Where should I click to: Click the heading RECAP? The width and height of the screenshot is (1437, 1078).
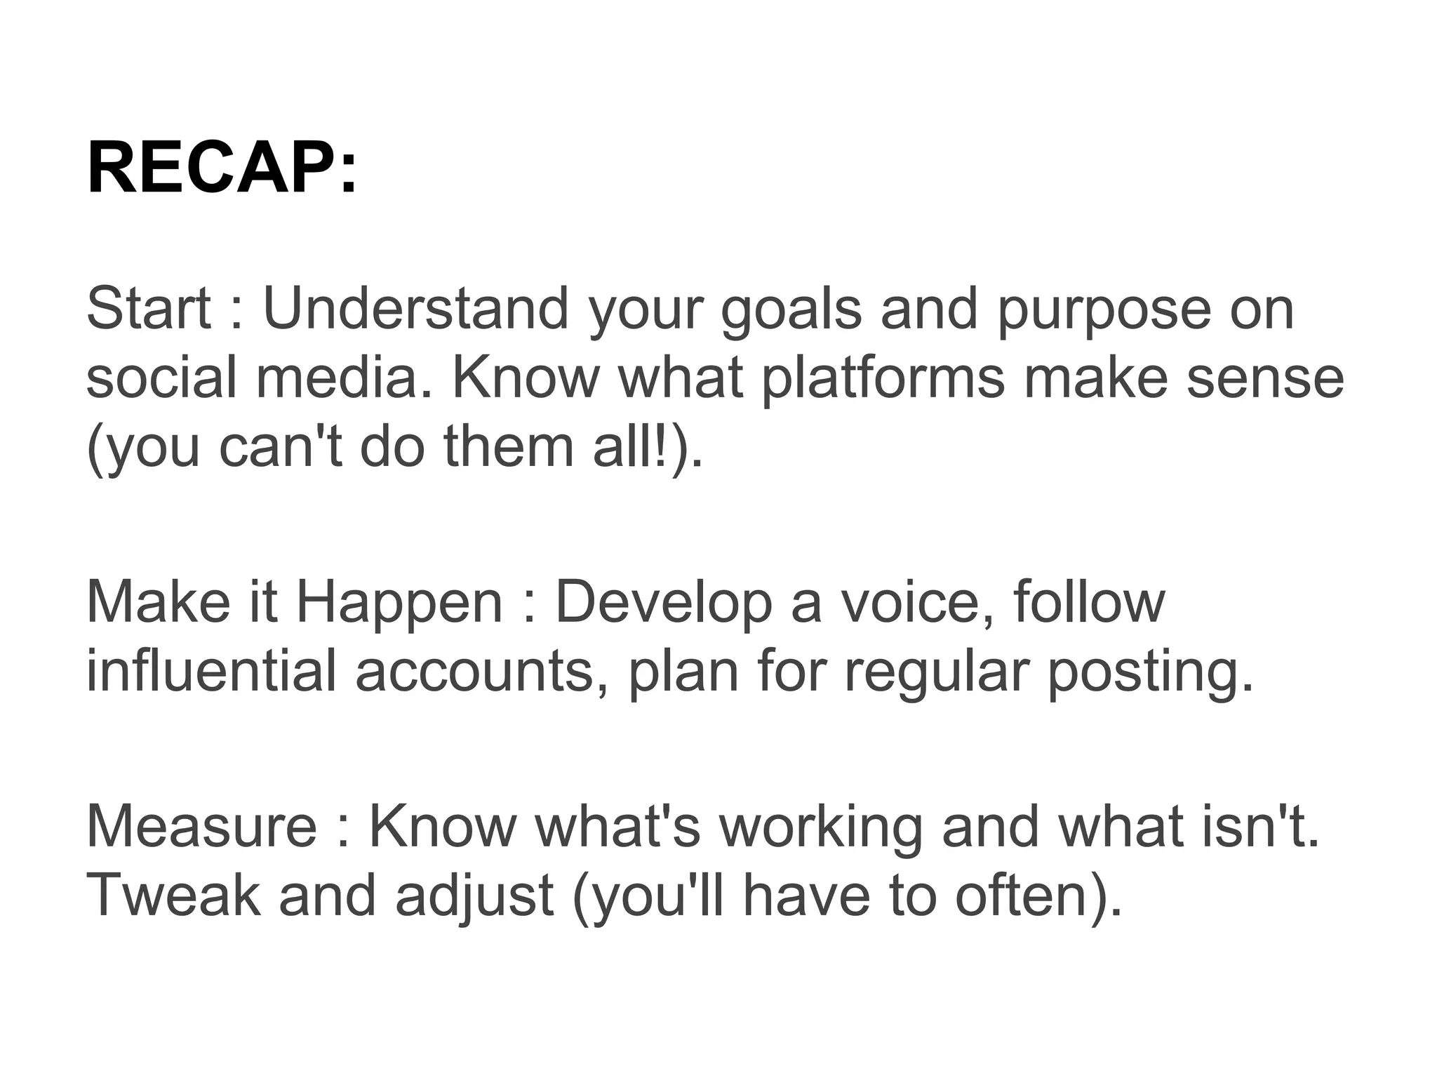[222, 169]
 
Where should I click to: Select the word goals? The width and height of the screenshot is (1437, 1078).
[791, 310]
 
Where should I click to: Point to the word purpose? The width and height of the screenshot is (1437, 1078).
[1104, 310]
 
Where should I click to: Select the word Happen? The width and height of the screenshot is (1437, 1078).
[399, 603]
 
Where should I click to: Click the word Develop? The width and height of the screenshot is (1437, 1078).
[663, 603]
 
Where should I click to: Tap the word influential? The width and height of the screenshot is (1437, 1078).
[211, 671]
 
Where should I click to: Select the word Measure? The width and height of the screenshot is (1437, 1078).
[201, 826]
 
